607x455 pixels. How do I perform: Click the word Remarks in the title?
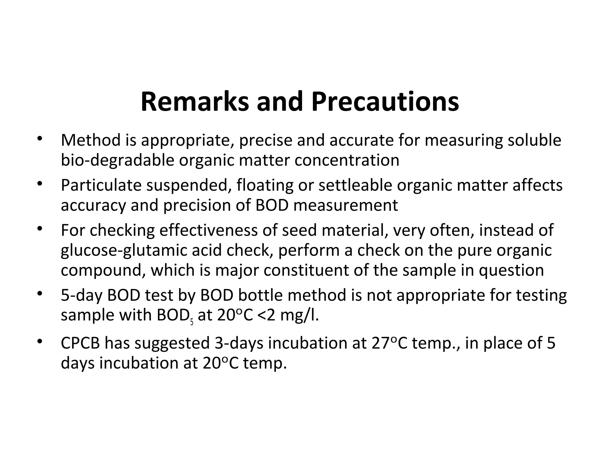click(194, 102)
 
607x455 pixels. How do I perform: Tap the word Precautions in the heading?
click(385, 102)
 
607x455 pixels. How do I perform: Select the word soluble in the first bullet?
click(534, 140)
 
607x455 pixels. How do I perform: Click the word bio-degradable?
click(117, 160)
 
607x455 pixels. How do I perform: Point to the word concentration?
click(347, 160)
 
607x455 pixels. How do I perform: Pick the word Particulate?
click(101, 185)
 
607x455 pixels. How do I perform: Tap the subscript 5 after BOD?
click(192, 322)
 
